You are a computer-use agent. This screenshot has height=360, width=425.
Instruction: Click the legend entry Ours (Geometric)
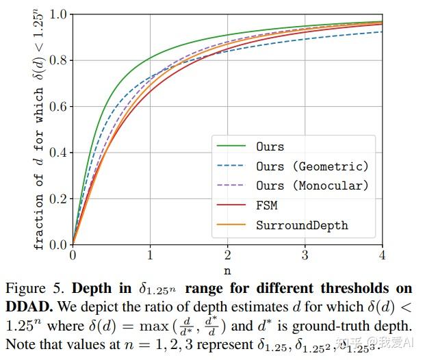tap(312, 166)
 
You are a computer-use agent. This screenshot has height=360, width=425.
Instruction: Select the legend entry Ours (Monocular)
tap(312, 185)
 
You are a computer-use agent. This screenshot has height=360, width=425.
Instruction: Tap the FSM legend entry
tap(266, 205)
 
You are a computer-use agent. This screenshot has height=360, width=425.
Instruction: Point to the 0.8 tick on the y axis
tap(58, 60)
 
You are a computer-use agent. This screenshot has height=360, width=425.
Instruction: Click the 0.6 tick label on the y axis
tap(58, 106)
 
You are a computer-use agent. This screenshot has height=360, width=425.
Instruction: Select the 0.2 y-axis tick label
tap(58, 198)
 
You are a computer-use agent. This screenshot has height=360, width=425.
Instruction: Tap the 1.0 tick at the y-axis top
tap(58, 14)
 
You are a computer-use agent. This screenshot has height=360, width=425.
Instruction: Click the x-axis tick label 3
tap(305, 255)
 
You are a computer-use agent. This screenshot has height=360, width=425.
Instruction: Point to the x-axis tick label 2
tap(227, 255)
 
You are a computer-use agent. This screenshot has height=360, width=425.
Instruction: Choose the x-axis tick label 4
tap(382, 255)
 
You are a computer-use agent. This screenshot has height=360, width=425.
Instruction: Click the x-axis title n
tap(227, 268)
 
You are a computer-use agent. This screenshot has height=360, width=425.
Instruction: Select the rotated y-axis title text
tap(39, 129)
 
